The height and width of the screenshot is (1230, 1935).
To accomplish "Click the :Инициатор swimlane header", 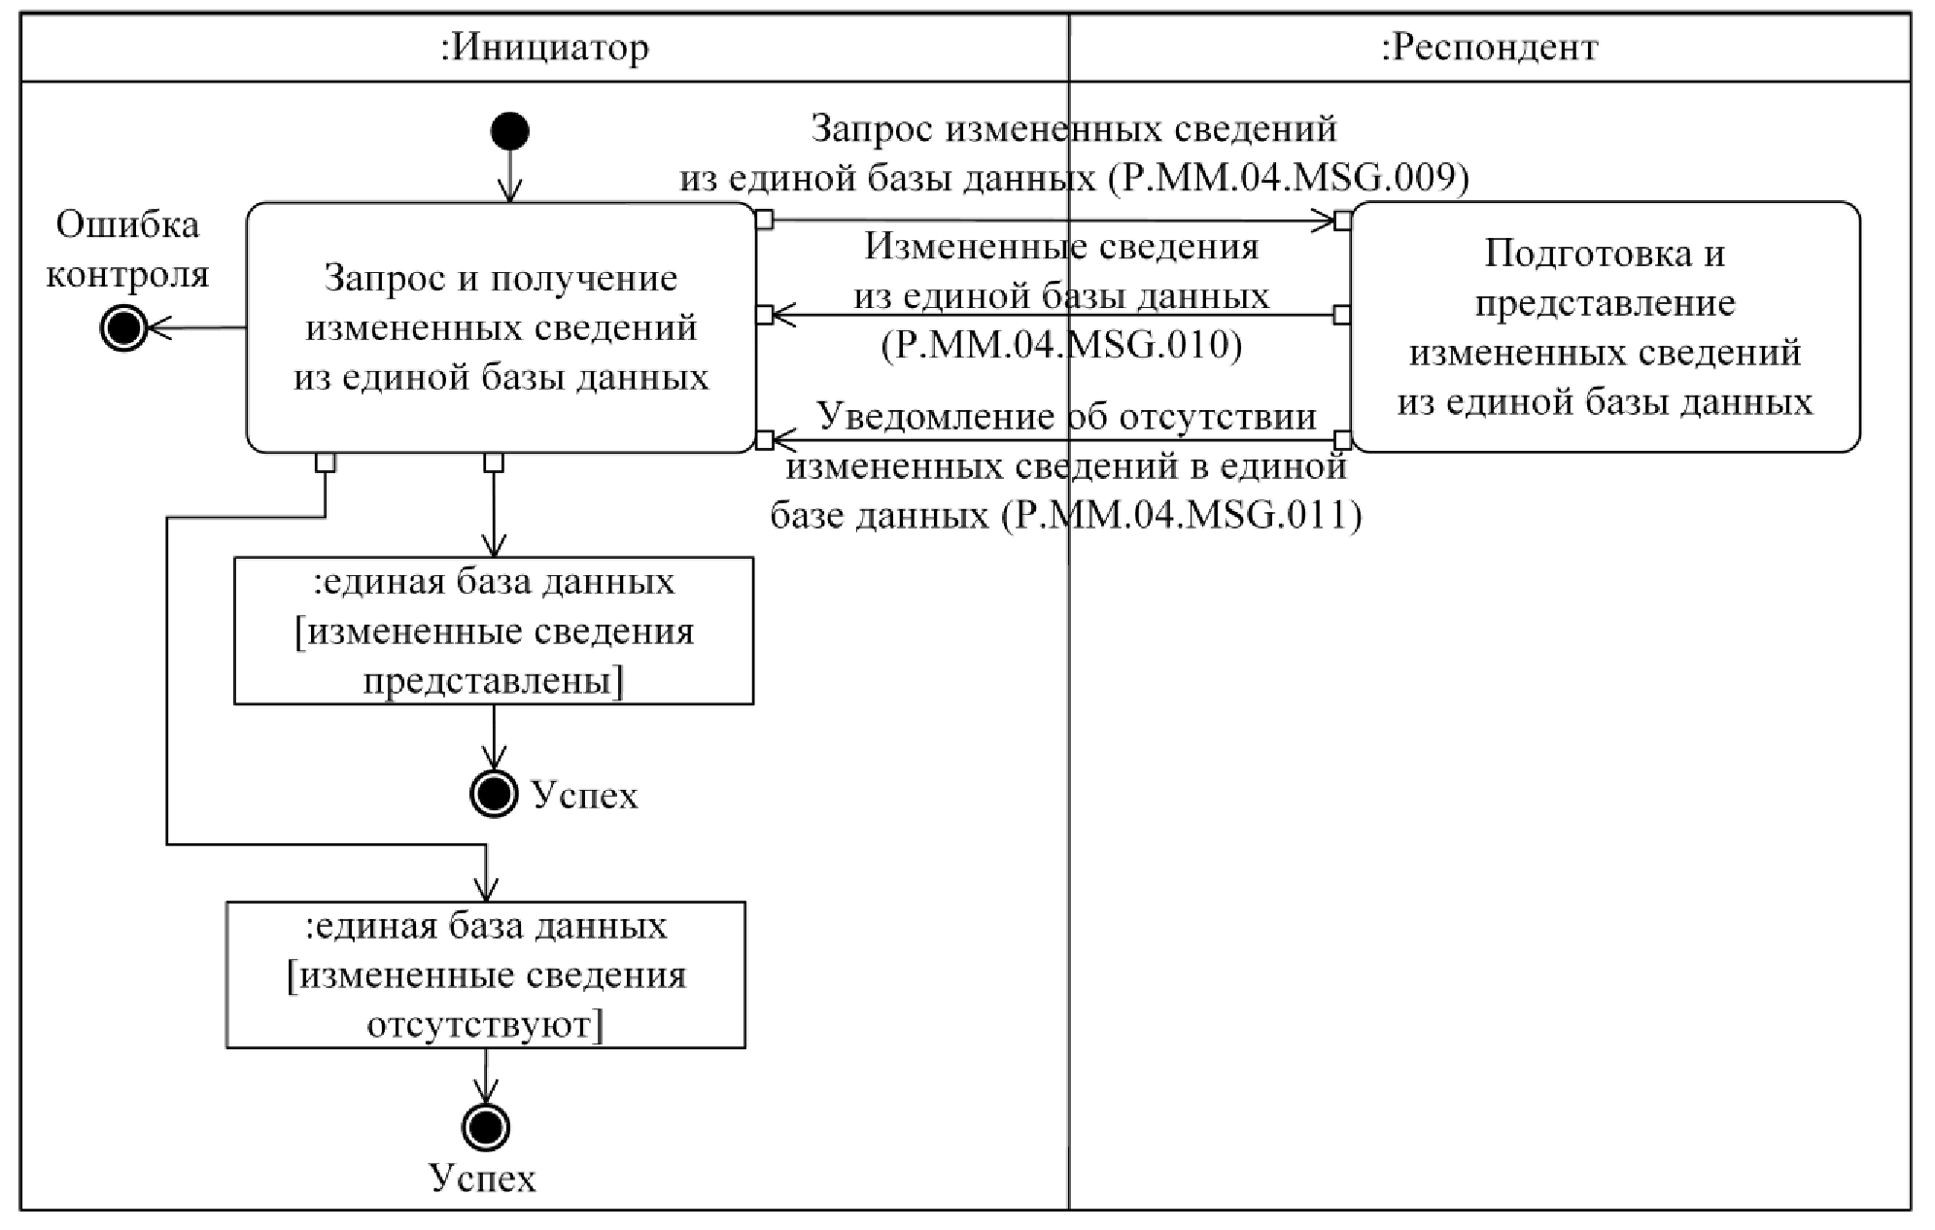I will (544, 48).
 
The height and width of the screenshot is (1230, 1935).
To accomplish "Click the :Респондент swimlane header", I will (1489, 48).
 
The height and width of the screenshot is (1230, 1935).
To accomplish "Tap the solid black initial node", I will (510, 131).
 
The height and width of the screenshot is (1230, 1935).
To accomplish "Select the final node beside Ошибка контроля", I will (123, 328).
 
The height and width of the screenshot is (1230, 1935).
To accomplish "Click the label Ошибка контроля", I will (127, 250).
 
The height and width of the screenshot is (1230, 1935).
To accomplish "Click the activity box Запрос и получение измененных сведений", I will (501, 327).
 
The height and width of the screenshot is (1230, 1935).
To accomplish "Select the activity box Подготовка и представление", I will (1605, 327).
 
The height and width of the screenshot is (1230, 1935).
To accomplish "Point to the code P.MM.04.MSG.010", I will (1061, 345).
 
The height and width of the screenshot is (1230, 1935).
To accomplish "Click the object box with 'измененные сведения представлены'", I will (494, 631).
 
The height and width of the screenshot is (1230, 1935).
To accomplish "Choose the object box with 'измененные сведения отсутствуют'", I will (486, 974).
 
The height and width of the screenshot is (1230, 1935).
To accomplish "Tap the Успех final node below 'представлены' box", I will (494, 794).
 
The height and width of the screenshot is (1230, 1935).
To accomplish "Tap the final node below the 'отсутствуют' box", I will (485, 1128).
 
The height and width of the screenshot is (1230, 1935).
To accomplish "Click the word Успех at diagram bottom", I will (483, 1179).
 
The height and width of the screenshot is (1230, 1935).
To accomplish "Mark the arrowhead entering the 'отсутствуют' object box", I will (485, 889).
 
